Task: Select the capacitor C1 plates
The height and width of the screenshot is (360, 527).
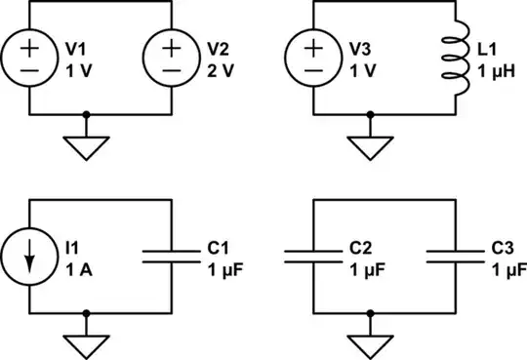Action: coord(172,257)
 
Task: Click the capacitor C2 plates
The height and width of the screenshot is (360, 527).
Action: coord(313,257)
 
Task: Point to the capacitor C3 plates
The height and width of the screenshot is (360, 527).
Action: coord(455,257)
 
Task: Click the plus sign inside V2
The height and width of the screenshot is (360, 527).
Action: coord(172,46)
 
